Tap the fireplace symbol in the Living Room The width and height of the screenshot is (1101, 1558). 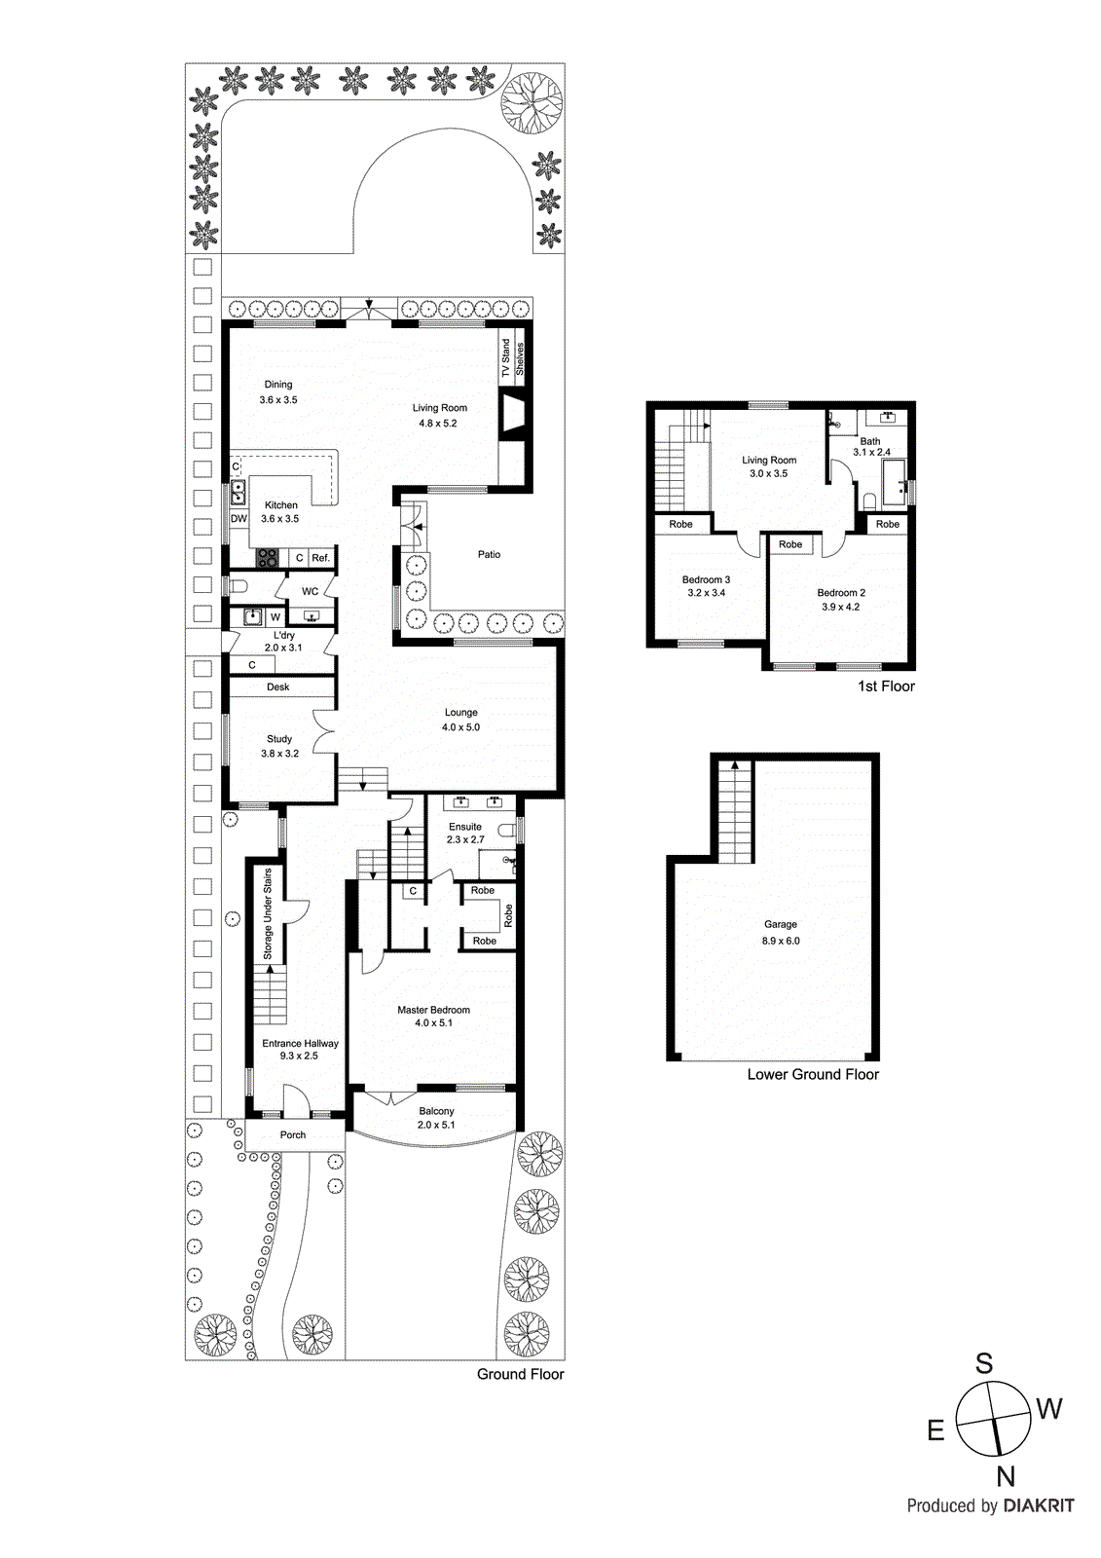pyautogui.click(x=513, y=415)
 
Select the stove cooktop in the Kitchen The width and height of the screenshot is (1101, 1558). pyautogui.click(x=267, y=558)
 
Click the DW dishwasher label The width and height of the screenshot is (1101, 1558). pyautogui.click(x=239, y=519)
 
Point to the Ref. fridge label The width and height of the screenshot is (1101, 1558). pyautogui.click(x=320, y=558)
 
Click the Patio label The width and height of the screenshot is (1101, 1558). pyautogui.click(x=489, y=554)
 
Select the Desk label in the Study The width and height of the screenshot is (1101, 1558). pyautogui.click(x=278, y=686)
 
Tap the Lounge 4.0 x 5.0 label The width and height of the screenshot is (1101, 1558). pyautogui.click(x=460, y=720)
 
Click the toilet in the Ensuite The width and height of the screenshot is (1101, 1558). pyautogui.click(x=505, y=830)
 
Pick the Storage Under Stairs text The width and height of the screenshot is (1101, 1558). pyautogui.click(x=269, y=914)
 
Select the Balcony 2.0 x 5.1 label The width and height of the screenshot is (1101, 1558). pyautogui.click(x=436, y=1118)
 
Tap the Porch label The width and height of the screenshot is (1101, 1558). pyautogui.click(x=293, y=1134)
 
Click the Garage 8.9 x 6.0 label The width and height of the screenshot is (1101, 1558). pyautogui.click(x=781, y=932)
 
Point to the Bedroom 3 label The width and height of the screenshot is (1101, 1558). pyautogui.click(x=706, y=585)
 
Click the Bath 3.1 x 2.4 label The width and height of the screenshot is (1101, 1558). pyautogui.click(x=871, y=446)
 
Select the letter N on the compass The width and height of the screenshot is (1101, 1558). pyautogui.click(x=1006, y=1477)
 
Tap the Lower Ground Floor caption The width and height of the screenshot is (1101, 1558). pyautogui.click(x=813, y=1074)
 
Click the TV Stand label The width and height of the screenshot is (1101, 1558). pyautogui.click(x=505, y=358)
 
